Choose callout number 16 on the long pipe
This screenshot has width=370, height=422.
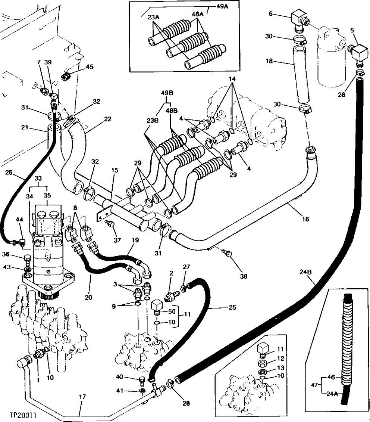305,219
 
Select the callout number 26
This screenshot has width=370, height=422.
9,172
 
